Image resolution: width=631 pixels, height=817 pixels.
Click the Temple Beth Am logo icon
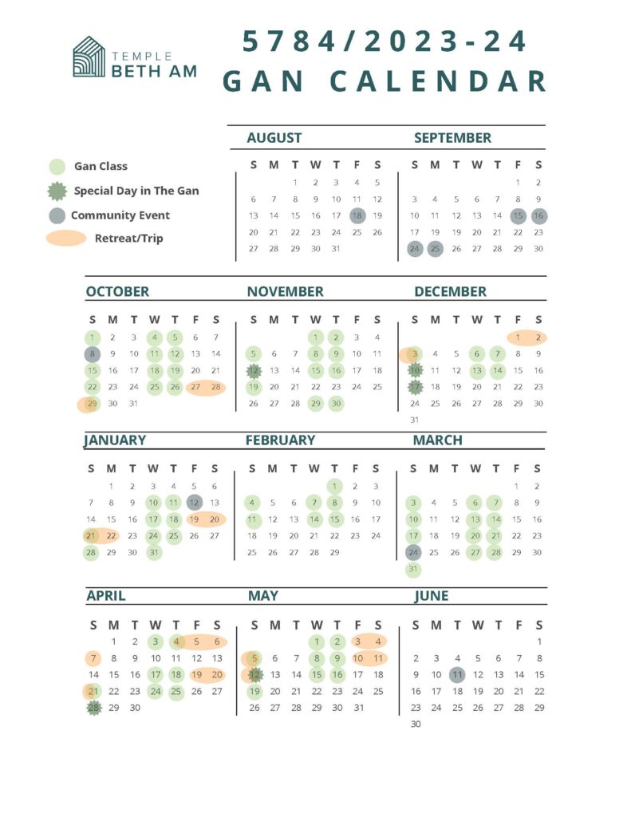[x=89, y=57]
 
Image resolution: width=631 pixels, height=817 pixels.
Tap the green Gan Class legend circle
[x=57, y=167]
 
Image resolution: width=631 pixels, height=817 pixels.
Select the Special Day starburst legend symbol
[x=57, y=191]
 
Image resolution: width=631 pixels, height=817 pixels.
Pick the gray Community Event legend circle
[x=57, y=215]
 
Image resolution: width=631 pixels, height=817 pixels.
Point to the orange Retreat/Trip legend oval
[x=66, y=238]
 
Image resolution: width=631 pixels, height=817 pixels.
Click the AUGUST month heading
[x=274, y=138]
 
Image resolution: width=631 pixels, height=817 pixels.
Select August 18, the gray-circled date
[x=357, y=215]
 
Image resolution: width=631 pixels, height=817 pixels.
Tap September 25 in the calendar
[x=435, y=249]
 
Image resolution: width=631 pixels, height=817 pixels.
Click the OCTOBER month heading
[x=117, y=292]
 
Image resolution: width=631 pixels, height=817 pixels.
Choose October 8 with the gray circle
[x=93, y=354]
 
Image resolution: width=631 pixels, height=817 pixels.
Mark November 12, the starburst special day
[x=254, y=371]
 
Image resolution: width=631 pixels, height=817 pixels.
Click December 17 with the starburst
[x=415, y=388]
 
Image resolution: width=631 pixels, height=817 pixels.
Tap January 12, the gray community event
[x=195, y=503]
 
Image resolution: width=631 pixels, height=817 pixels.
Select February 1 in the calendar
[x=334, y=486]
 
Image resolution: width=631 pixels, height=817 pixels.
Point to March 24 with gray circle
[x=413, y=553]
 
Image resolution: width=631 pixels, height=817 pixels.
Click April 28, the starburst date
[x=94, y=708]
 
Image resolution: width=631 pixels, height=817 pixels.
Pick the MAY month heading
[x=263, y=596]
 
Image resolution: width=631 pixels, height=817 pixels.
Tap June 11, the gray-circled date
[x=457, y=674]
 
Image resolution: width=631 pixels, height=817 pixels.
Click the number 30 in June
[x=416, y=724]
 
